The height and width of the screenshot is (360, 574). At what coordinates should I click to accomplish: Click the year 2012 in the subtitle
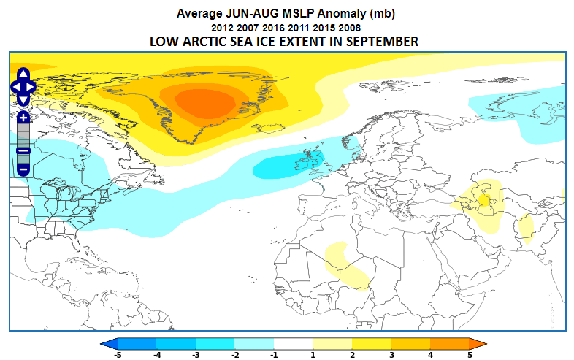click(x=222, y=28)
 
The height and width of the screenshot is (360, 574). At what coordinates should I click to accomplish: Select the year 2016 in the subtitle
click(x=273, y=28)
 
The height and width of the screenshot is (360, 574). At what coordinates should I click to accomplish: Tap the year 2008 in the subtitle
click(x=350, y=28)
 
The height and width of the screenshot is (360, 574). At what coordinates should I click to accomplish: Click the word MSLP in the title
click(x=298, y=14)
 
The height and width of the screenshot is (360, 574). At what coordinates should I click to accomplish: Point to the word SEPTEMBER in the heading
click(x=382, y=42)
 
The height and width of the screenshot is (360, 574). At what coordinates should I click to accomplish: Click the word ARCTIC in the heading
click(x=204, y=42)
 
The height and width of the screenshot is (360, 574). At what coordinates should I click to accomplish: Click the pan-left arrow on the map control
click(x=16, y=87)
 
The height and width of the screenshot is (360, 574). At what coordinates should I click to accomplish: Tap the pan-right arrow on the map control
click(x=31, y=87)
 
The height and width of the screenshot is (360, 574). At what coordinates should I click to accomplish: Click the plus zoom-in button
click(x=23, y=118)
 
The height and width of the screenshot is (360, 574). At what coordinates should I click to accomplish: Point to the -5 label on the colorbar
click(x=118, y=355)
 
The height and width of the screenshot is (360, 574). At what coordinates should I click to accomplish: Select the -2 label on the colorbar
click(x=235, y=355)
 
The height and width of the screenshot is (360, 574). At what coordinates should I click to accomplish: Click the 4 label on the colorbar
click(x=431, y=355)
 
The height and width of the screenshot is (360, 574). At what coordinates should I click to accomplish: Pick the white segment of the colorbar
click(x=294, y=343)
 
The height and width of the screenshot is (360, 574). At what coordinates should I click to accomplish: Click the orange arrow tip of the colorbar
click(x=478, y=343)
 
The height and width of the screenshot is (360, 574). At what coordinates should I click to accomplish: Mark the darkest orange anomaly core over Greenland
click(x=205, y=104)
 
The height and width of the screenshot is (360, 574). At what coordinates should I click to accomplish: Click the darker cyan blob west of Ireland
click(x=288, y=166)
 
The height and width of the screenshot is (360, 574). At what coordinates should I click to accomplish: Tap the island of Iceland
click(x=268, y=129)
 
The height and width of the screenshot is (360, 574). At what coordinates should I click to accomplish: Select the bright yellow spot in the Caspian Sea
click(x=484, y=200)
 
